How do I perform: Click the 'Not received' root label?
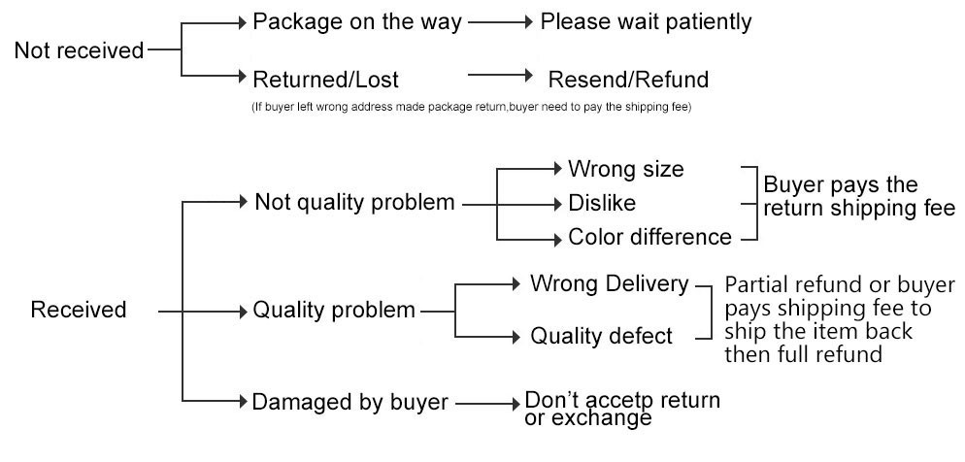[x=79, y=49]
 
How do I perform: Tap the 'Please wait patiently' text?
[x=646, y=21]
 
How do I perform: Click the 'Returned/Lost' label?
[x=325, y=79]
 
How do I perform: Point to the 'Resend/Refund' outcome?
[x=628, y=79]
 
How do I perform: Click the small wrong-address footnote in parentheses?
[x=470, y=105]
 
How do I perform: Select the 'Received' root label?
[x=79, y=311]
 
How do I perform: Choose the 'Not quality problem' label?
[x=354, y=203]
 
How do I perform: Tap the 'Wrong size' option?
[x=626, y=169]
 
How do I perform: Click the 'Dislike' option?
[x=601, y=204]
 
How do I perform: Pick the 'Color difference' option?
[x=649, y=237]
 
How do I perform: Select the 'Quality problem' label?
[x=334, y=311]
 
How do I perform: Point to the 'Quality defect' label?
[x=601, y=336]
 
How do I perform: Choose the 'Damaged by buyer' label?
[x=349, y=401]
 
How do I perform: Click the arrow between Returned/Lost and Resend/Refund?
[x=501, y=75]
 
